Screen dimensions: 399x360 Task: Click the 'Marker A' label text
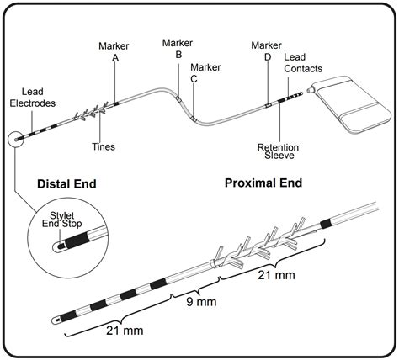click(x=114, y=51)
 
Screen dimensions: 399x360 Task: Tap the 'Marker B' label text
click(x=178, y=49)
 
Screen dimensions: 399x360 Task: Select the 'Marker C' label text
click(x=205, y=73)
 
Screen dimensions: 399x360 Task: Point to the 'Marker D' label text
click(x=266, y=51)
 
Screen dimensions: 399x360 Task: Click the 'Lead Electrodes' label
click(x=33, y=98)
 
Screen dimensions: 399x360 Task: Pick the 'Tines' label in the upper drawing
click(x=104, y=146)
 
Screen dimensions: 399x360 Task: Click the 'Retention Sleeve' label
click(x=278, y=151)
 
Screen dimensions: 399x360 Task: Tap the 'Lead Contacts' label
click(x=303, y=63)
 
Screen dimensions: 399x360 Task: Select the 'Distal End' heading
click(x=66, y=184)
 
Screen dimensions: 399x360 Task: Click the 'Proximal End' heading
click(x=263, y=183)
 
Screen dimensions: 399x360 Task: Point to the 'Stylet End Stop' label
click(x=62, y=220)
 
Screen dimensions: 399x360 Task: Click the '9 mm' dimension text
click(x=201, y=302)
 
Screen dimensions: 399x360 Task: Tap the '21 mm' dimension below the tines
click(x=276, y=275)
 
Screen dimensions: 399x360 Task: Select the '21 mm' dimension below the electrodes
click(x=125, y=331)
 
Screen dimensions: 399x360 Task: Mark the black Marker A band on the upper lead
click(x=116, y=103)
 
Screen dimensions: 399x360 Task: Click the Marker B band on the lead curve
click(x=178, y=98)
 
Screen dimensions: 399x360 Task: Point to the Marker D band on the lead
click(x=269, y=105)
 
